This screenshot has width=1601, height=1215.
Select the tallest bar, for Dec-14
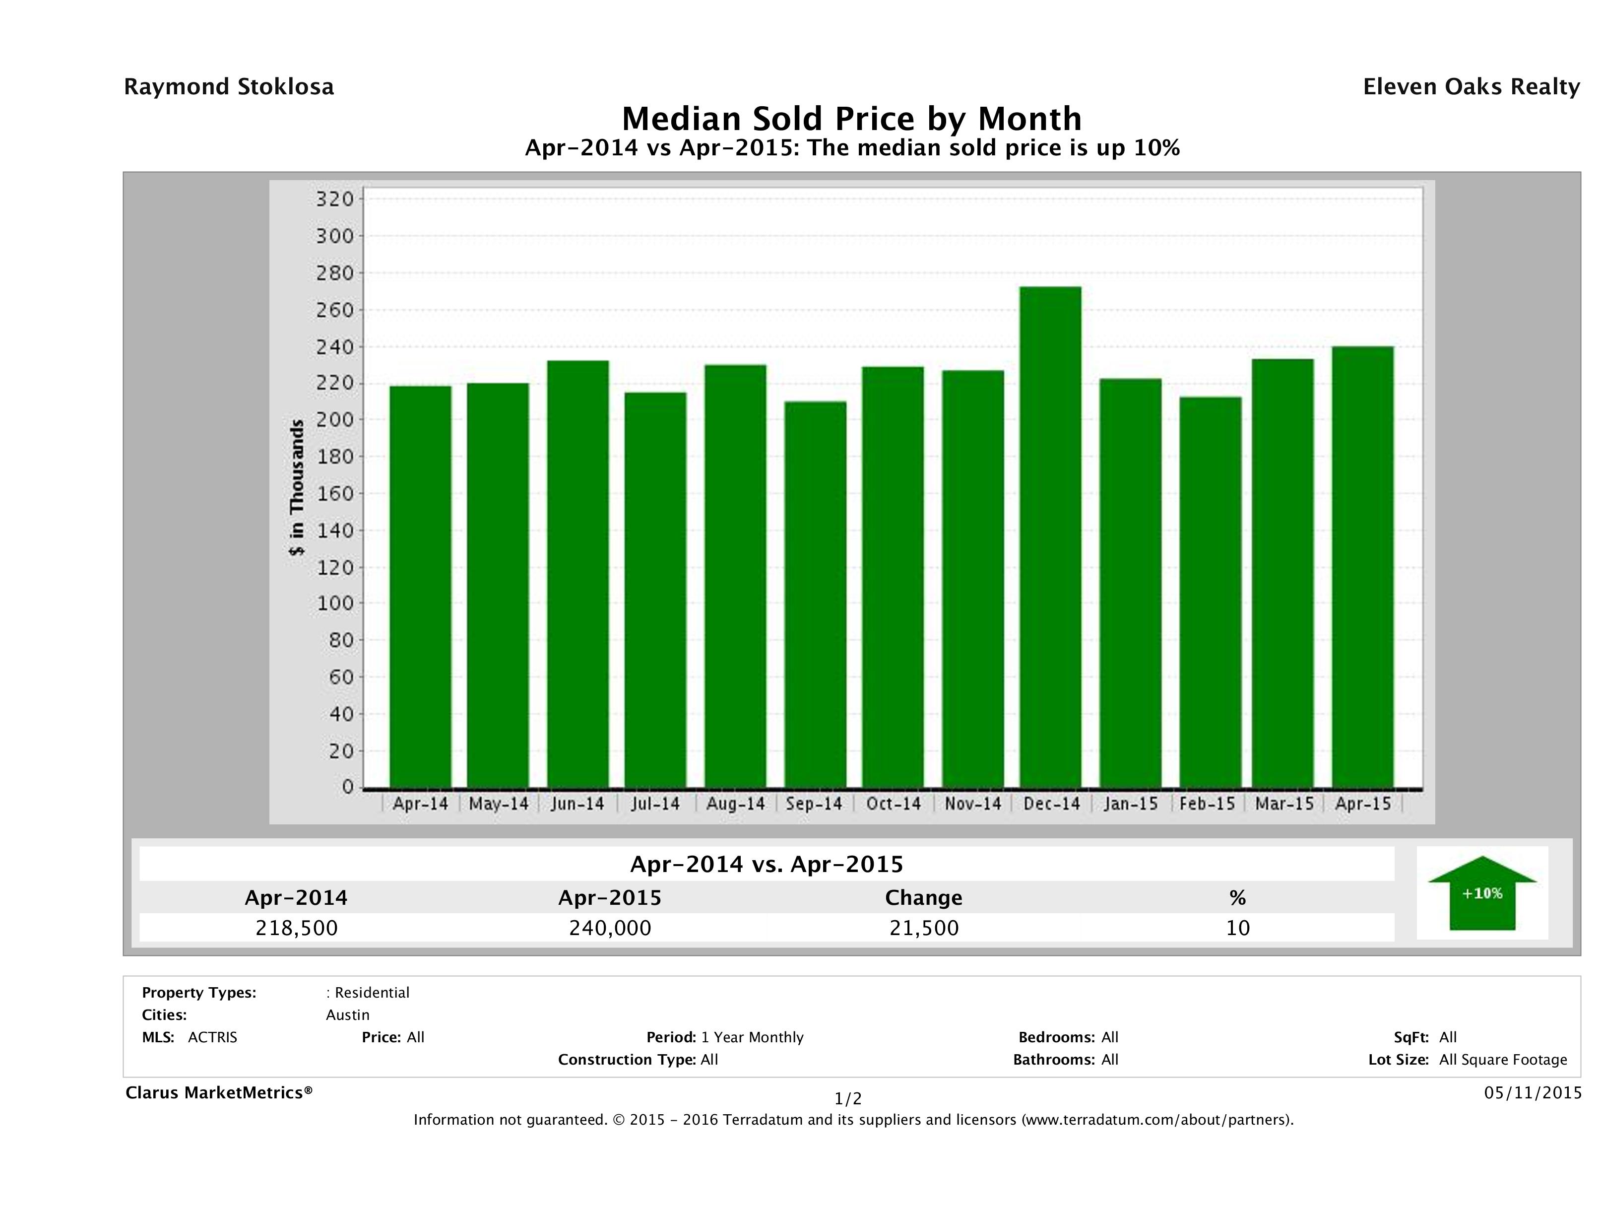pyautogui.click(x=1050, y=536)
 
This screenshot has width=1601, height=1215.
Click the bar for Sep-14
pyautogui.click(x=815, y=594)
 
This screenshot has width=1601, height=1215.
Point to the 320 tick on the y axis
pyautogui.click(x=334, y=199)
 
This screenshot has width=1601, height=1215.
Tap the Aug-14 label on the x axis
pyautogui.click(x=735, y=804)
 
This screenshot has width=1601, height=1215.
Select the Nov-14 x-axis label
pyautogui.click(x=973, y=804)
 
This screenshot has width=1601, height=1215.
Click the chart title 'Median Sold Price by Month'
pyautogui.click(x=852, y=119)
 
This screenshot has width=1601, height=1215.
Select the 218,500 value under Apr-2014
pyautogui.click(x=297, y=928)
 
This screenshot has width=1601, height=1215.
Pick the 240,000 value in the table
pyautogui.click(x=610, y=928)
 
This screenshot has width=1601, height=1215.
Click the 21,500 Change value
pyautogui.click(x=924, y=928)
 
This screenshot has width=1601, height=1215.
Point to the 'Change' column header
pyautogui.click(x=924, y=898)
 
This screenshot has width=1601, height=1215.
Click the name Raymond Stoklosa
pyautogui.click(x=229, y=87)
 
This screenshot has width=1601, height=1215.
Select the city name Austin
pyautogui.click(x=347, y=1015)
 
